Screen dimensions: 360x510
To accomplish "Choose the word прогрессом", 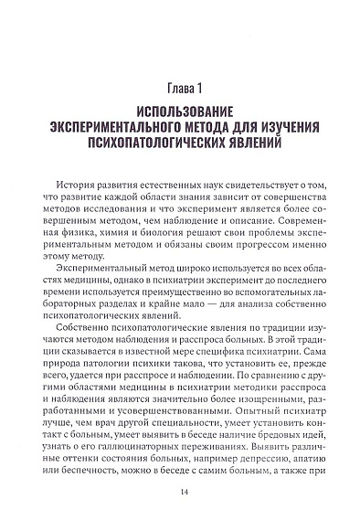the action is (244, 252).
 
